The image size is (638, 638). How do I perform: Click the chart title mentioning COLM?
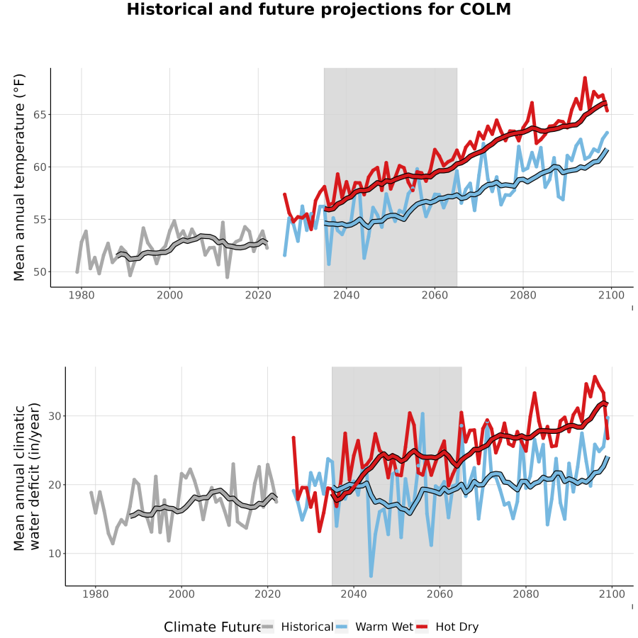coord(318,9)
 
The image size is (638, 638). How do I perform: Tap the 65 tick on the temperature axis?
coord(40,115)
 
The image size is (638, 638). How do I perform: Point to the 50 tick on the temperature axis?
coord(40,272)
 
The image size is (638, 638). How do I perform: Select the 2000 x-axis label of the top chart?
coord(169,295)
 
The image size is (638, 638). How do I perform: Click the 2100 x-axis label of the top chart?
coord(611,295)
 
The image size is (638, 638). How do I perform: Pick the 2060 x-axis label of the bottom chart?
coord(440,594)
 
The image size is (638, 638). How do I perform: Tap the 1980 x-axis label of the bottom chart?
coord(96,594)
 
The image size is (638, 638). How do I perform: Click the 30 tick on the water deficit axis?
coord(55,416)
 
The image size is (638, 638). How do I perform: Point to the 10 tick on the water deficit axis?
coord(55,554)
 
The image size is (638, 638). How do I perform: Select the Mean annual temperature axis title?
coord(19,177)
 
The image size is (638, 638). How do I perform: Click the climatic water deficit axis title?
coord(27,476)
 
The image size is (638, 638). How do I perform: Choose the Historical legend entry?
coord(297,627)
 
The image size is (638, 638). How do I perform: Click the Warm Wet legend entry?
coord(374,627)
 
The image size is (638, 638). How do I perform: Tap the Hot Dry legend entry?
coord(447,627)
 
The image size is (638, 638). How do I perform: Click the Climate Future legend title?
coord(213,627)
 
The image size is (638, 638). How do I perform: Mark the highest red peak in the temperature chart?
coord(585,77)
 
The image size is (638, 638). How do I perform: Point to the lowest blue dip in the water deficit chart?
coord(371,576)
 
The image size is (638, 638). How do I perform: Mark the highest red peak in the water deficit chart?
coord(595,377)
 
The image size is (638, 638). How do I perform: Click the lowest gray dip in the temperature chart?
coord(227,277)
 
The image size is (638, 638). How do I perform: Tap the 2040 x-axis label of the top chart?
coord(346,295)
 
